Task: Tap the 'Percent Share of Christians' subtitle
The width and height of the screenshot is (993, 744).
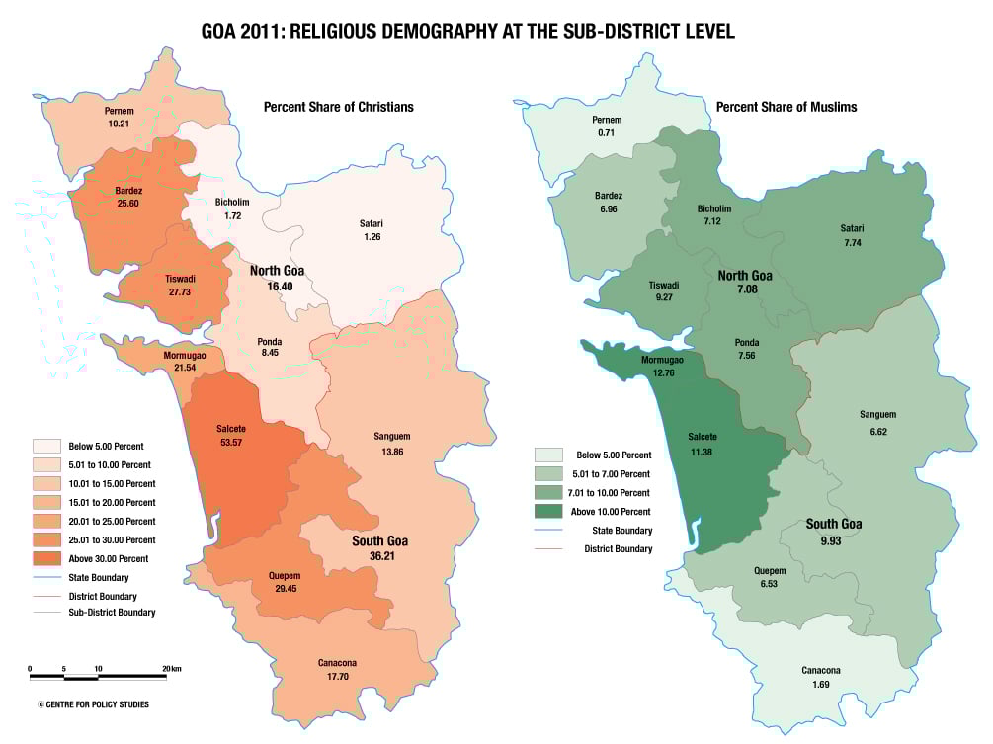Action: tap(338, 107)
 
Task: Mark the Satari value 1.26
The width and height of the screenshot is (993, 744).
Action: tap(372, 237)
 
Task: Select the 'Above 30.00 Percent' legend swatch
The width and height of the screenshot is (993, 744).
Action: tap(46, 558)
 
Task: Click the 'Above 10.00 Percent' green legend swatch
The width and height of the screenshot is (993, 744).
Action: tap(550, 511)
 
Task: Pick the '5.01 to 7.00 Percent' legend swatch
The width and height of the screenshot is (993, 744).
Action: tap(550, 473)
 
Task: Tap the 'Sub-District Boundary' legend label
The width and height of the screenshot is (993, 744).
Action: tap(112, 613)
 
